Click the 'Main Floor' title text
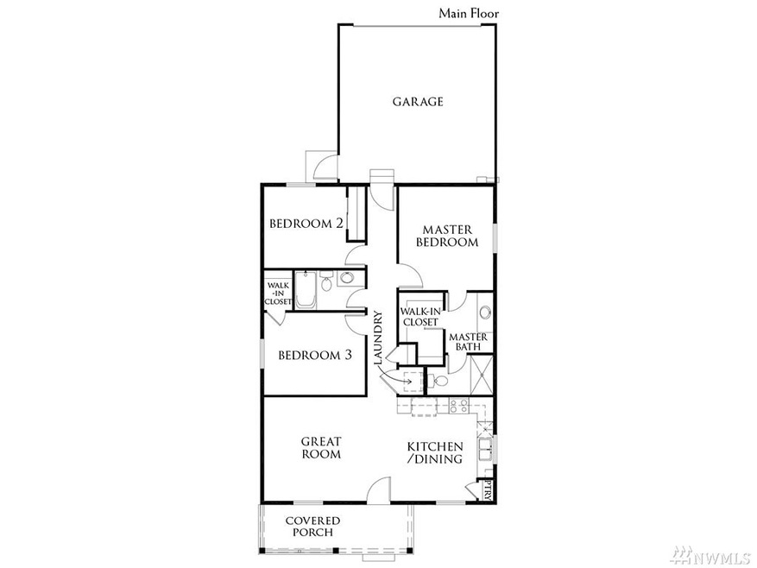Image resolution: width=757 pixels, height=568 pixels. coord(469,13)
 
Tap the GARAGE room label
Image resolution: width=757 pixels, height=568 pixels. coord(418,102)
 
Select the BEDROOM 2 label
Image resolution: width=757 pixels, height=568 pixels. coord(306,224)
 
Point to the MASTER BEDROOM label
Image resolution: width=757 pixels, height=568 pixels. coord(446,236)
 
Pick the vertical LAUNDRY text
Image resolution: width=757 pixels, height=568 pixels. coord(378,338)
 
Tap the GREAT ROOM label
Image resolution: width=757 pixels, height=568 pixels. coord(320,447)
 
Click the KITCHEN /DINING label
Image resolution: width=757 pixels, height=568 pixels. coord(435,452)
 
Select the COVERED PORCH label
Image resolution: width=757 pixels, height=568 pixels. coord(312,527)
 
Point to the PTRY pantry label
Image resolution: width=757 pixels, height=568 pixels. coord(488,490)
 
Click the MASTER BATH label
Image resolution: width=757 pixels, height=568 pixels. coord(469,342)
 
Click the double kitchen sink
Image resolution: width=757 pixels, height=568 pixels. coord(485,447)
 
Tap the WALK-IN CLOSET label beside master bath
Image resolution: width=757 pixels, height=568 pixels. coord(420,317)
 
